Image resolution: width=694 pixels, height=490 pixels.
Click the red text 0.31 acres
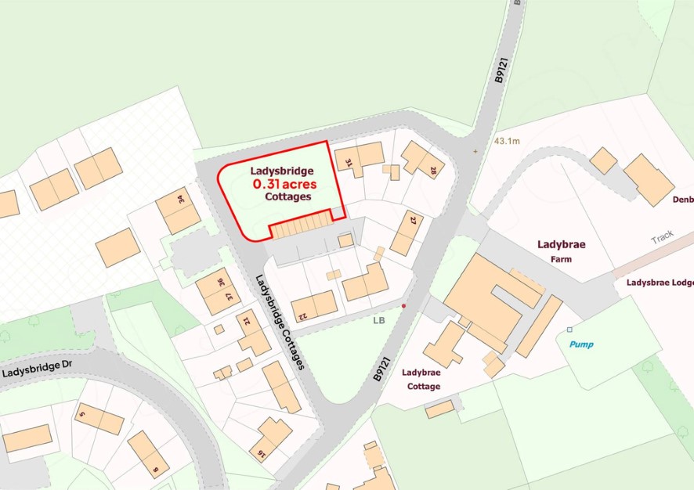click(283, 184)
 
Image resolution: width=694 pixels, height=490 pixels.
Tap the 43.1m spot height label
click(507, 142)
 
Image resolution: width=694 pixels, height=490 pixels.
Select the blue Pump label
click(581, 344)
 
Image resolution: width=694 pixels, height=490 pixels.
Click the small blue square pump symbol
click(569, 330)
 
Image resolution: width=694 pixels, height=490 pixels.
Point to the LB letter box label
click(380, 320)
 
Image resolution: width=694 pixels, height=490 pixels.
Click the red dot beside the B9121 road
click(404, 306)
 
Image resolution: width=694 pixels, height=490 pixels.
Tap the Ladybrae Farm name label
click(561, 250)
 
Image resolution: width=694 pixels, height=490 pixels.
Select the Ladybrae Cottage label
click(421, 380)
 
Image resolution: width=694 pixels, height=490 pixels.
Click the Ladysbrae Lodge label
click(660, 282)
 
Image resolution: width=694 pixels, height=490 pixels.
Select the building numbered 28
click(423, 159)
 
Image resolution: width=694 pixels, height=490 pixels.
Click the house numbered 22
click(314, 304)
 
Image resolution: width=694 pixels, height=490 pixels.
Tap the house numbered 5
click(99, 419)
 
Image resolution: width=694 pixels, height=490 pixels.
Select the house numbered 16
click(270, 439)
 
